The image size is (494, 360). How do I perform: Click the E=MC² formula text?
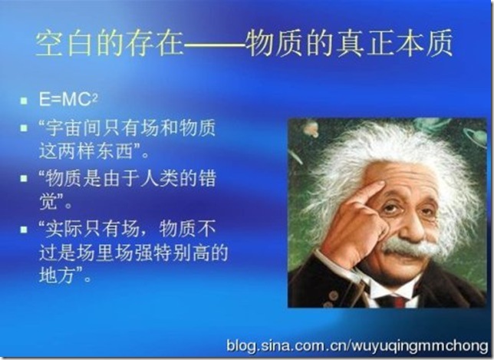(x=68, y=100)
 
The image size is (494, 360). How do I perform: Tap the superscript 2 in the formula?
(x=94, y=97)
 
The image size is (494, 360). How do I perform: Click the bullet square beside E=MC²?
(x=24, y=101)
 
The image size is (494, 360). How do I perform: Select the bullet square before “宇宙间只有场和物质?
(x=24, y=128)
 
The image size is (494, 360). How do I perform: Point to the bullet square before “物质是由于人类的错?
(x=24, y=178)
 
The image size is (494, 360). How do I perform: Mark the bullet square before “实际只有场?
(x=24, y=229)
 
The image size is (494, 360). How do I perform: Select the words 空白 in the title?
(x=63, y=43)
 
